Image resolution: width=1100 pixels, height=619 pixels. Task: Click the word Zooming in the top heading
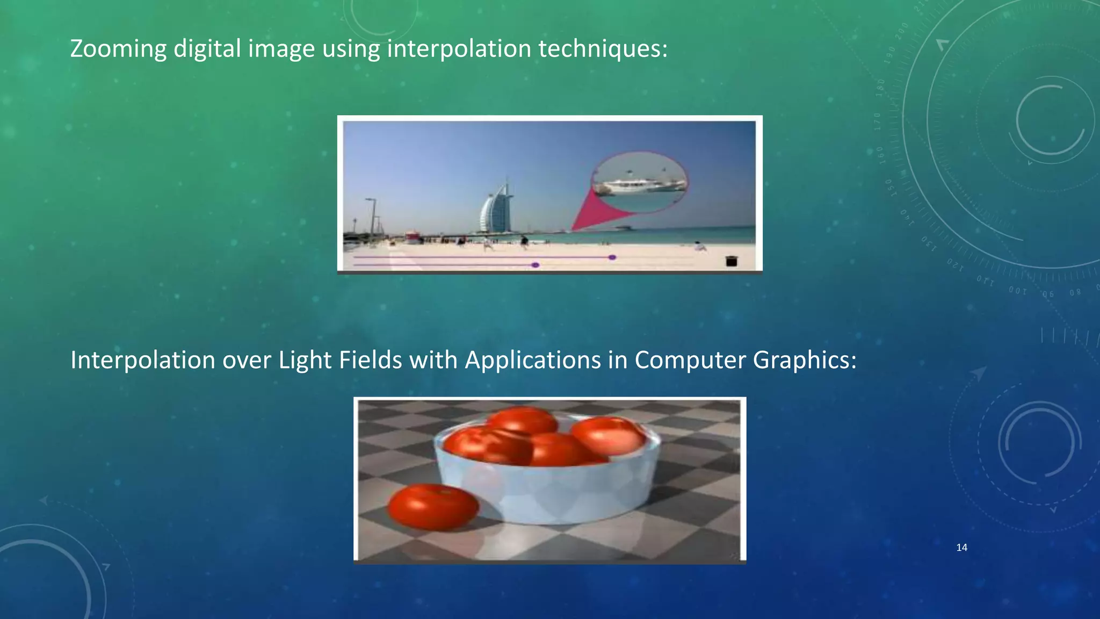pyautogui.click(x=118, y=49)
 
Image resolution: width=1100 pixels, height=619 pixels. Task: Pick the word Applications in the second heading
pyautogui.click(x=532, y=360)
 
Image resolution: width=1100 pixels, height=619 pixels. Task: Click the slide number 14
pyautogui.click(x=962, y=548)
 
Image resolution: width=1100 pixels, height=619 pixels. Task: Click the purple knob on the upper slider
pyautogui.click(x=612, y=258)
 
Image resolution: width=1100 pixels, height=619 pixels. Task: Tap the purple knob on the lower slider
pyautogui.click(x=535, y=265)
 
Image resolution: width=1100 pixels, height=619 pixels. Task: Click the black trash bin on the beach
pyautogui.click(x=731, y=261)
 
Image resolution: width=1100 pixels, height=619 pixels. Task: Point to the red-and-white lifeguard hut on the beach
pyautogui.click(x=412, y=237)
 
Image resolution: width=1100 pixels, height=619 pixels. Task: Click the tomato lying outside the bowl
pyautogui.click(x=433, y=507)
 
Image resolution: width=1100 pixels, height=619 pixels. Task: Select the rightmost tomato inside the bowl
pyautogui.click(x=609, y=435)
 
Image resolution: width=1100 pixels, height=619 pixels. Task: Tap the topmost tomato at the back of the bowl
pyautogui.click(x=522, y=420)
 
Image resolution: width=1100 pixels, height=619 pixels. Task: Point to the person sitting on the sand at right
pyautogui.click(x=700, y=247)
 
